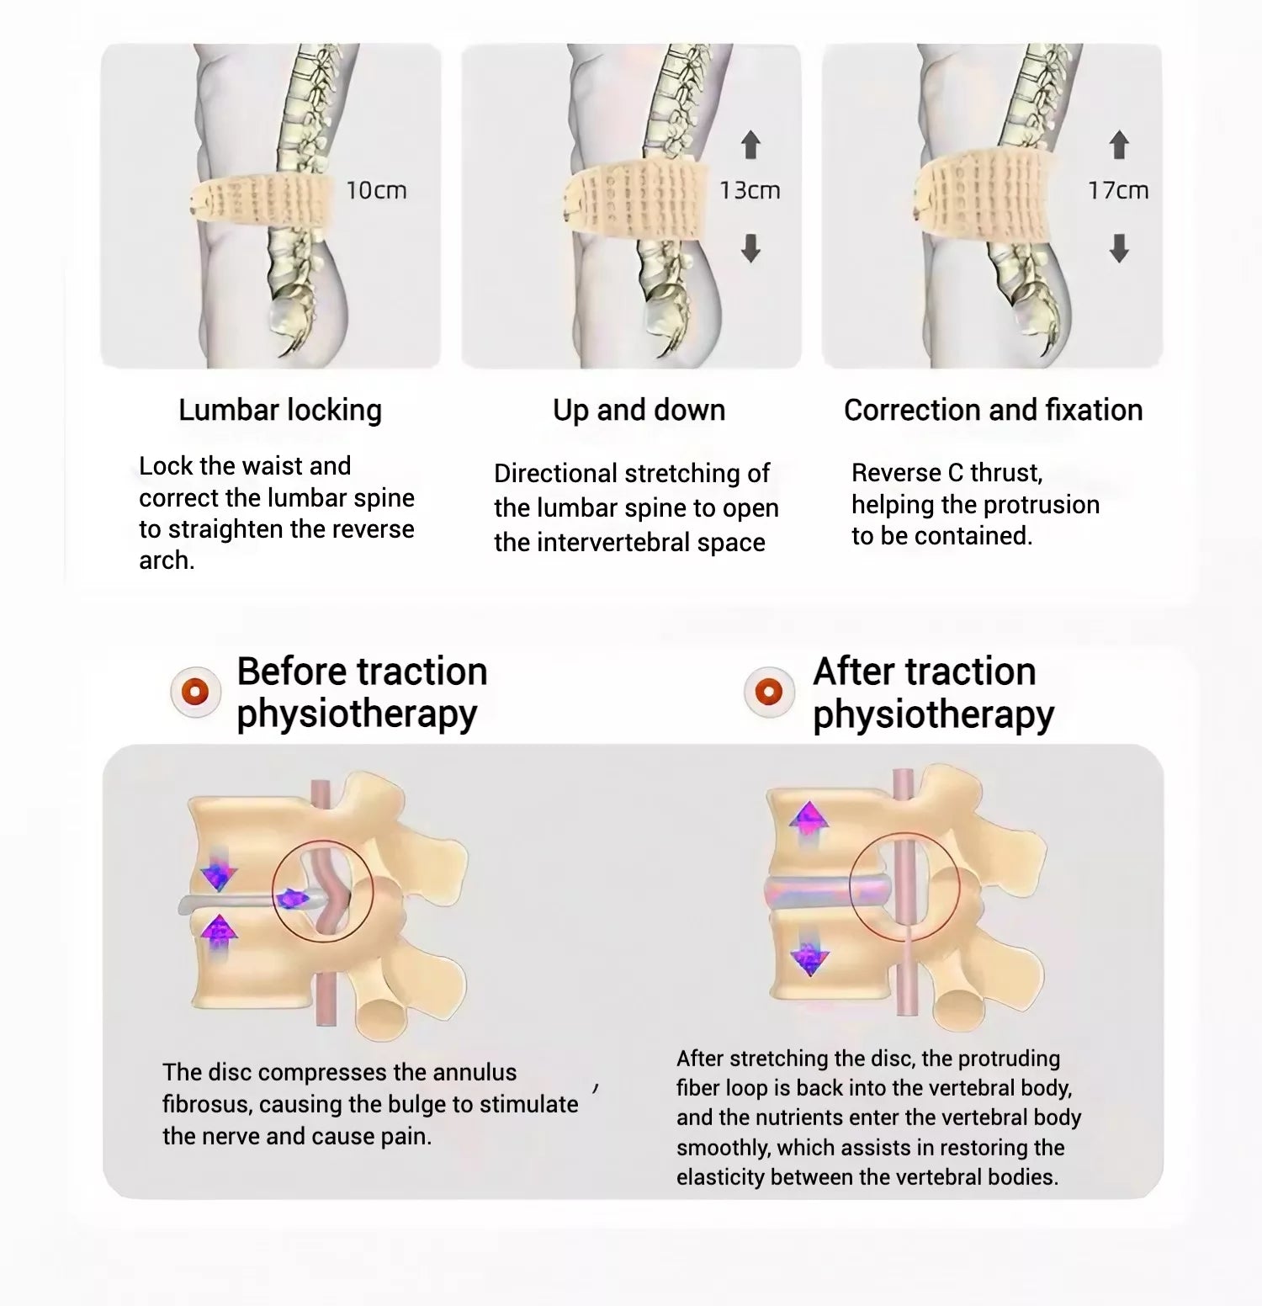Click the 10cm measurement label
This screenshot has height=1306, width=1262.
coord(376,191)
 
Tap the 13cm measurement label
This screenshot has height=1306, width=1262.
coord(750,191)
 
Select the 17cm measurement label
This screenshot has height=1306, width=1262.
coord(1118,191)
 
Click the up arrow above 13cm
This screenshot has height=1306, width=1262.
coord(750,145)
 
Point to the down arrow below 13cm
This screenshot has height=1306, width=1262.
coord(750,248)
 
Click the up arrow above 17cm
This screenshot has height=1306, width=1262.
coord(1119,145)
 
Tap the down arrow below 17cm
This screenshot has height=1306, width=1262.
coord(1119,248)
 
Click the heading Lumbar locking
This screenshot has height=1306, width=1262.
coord(280,411)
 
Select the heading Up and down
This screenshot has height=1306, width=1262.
coord(639,411)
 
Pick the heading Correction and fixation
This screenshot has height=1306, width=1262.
coord(993,411)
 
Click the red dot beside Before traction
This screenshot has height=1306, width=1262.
coord(196,693)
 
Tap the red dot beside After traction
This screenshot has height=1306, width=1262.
coord(769,693)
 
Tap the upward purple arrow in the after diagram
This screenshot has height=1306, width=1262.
coord(809,818)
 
